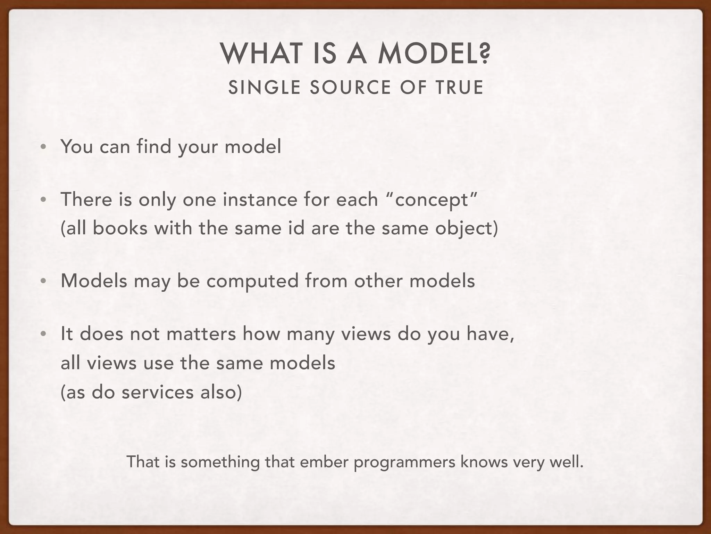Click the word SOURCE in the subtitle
pos(350,87)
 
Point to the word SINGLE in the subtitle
pos(264,87)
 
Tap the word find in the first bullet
pos(154,146)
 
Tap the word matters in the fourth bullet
pos(201,333)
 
